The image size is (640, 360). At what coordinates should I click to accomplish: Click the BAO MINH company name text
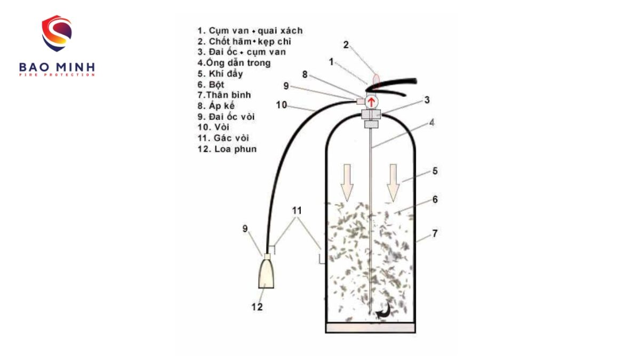pos(57,67)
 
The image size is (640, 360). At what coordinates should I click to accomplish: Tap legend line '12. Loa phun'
pos(227,149)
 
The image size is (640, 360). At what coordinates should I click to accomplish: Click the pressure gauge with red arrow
pos(372,101)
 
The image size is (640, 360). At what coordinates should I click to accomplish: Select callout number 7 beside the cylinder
pos(435,234)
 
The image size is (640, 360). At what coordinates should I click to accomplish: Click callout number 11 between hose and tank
pos(298,211)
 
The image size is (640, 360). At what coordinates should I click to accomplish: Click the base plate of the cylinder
pos(370,327)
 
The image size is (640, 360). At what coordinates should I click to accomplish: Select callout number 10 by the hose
pos(282,105)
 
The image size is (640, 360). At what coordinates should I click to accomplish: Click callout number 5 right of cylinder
pos(435,171)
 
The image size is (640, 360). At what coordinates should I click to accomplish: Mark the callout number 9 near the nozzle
pos(245,229)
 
